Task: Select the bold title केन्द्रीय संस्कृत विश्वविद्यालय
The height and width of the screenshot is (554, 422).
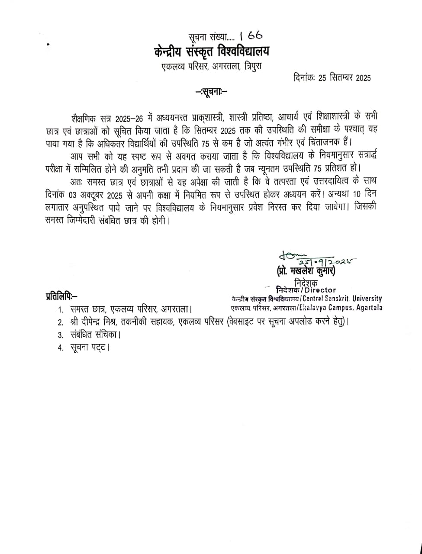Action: [211, 52]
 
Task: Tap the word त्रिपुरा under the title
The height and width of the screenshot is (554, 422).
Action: [252, 67]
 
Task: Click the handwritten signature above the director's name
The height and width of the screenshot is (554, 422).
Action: [312, 259]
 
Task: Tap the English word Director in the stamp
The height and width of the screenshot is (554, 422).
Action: [321, 290]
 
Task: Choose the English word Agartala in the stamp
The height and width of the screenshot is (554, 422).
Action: [369, 308]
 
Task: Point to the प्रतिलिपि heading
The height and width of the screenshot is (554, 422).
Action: [61, 296]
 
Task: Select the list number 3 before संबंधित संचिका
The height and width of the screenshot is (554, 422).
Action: [61, 335]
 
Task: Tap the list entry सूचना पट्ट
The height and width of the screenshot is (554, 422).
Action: [90, 348]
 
